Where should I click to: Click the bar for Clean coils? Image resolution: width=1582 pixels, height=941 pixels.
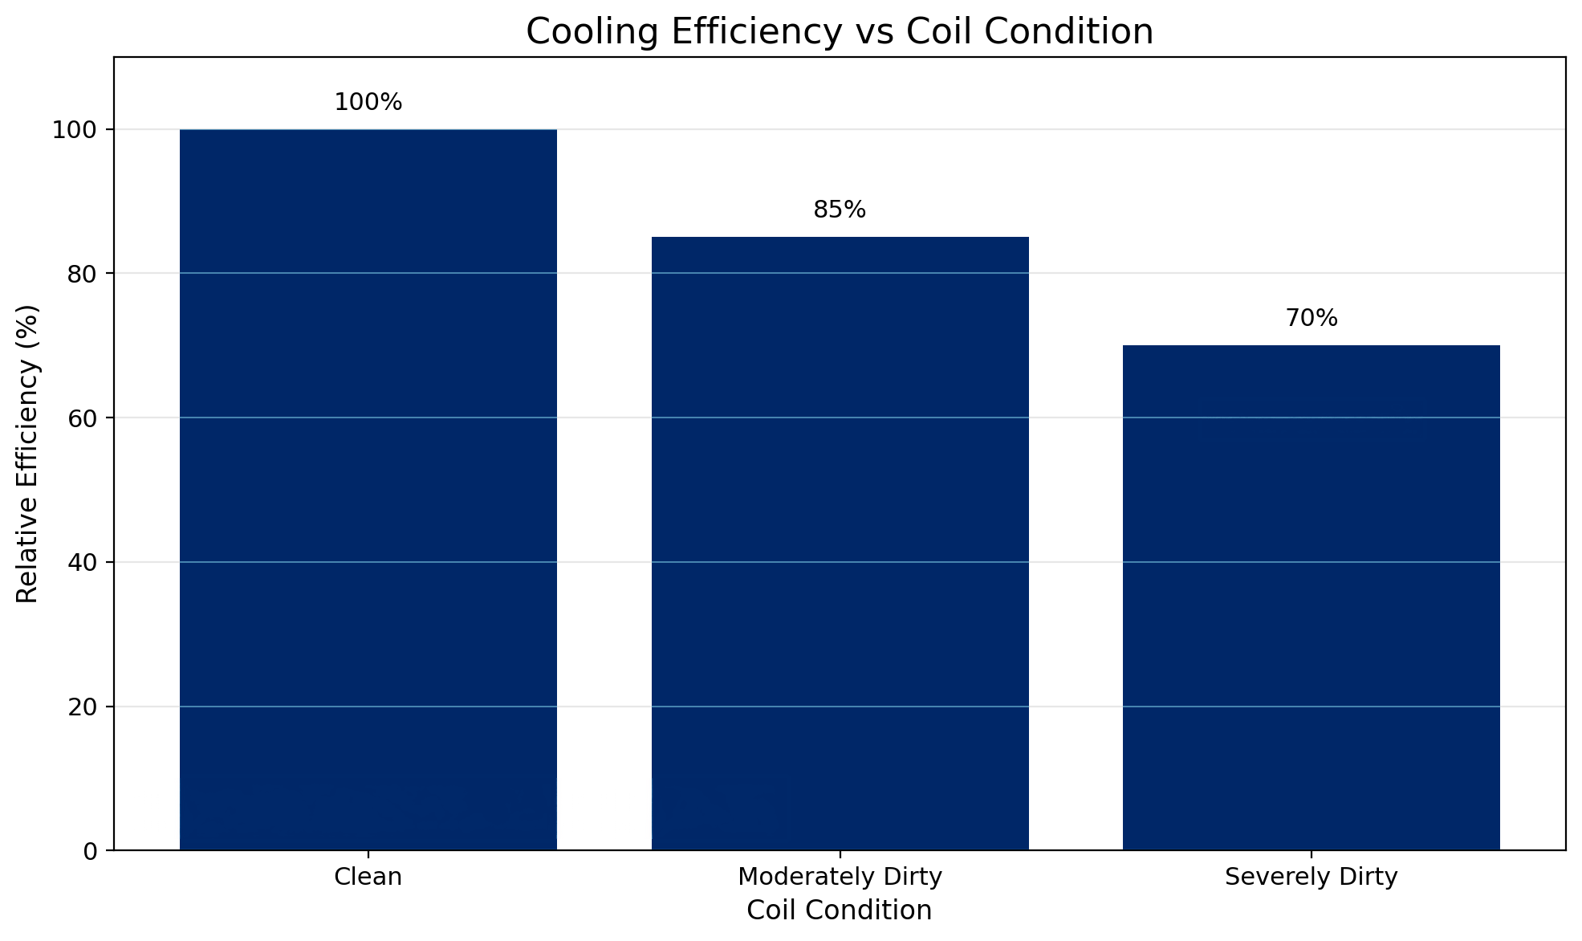[368, 489]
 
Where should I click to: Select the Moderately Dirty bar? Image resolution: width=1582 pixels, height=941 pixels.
[840, 543]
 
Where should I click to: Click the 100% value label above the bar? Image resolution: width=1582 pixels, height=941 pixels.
[368, 103]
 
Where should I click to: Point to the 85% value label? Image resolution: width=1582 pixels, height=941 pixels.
[840, 210]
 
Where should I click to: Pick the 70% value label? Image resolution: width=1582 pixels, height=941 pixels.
[1311, 319]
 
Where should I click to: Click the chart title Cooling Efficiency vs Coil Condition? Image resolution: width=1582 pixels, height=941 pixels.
[840, 32]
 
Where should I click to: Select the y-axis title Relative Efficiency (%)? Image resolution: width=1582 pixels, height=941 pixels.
[28, 454]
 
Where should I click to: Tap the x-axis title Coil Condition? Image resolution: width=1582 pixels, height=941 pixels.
[840, 910]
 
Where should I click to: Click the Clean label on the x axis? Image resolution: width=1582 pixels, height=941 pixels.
[368, 877]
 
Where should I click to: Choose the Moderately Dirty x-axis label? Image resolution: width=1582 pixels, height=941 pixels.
[840, 877]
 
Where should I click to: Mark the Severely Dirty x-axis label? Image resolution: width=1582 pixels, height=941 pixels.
[1311, 877]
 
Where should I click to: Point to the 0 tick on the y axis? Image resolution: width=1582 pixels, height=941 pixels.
[90, 851]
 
